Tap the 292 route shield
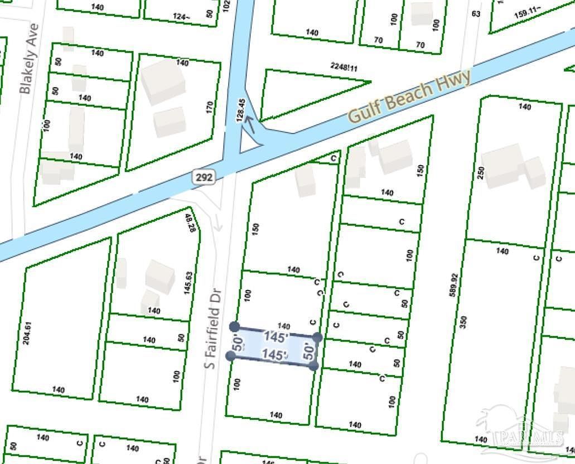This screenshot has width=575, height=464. [202, 177]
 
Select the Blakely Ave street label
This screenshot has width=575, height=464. [29, 58]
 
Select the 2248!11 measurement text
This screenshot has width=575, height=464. [344, 67]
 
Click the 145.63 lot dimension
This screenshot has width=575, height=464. [189, 282]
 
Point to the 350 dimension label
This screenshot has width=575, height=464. [463, 322]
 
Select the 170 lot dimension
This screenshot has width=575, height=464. [210, 107]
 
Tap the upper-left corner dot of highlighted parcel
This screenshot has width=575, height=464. [235, 326]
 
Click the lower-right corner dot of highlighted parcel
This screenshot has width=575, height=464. [313, 365]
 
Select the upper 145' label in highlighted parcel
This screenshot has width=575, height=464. [277, 337]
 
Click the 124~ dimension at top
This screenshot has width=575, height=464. [182, 17]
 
